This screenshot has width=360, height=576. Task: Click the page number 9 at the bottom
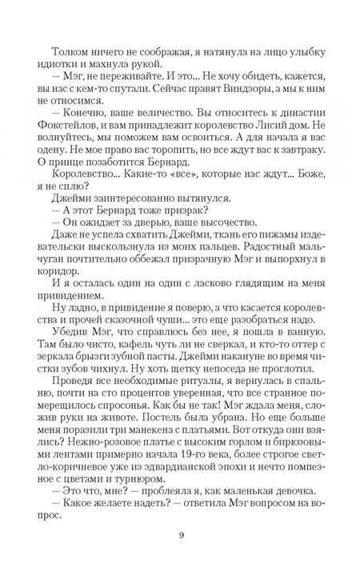pyautogui.click(x=180, y=537)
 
